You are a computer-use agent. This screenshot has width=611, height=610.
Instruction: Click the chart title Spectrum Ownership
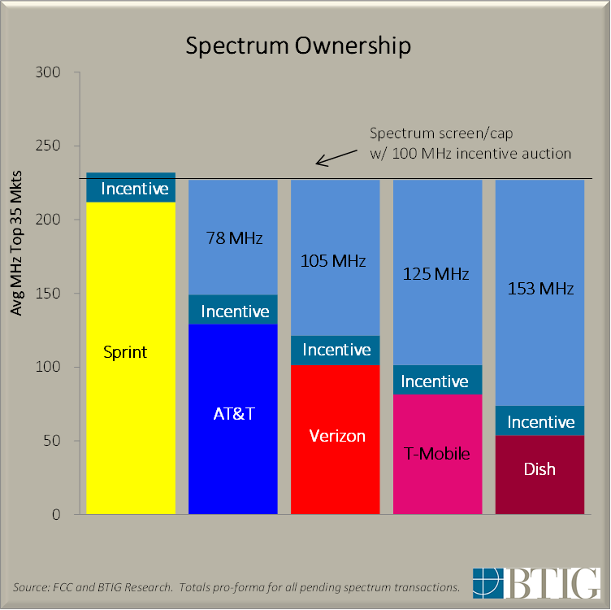pos(298,46)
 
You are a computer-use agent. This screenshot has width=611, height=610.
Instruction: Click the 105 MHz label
pos(336,261)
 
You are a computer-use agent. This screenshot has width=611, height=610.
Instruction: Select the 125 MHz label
pos(437,274)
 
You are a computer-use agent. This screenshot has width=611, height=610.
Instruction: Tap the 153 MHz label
pos(540,289)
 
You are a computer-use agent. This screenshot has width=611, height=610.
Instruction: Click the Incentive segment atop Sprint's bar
pos(131,189)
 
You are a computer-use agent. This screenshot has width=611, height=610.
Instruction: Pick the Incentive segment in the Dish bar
pos(540,421)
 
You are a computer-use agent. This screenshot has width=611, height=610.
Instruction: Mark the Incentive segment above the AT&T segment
pos(234,311)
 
